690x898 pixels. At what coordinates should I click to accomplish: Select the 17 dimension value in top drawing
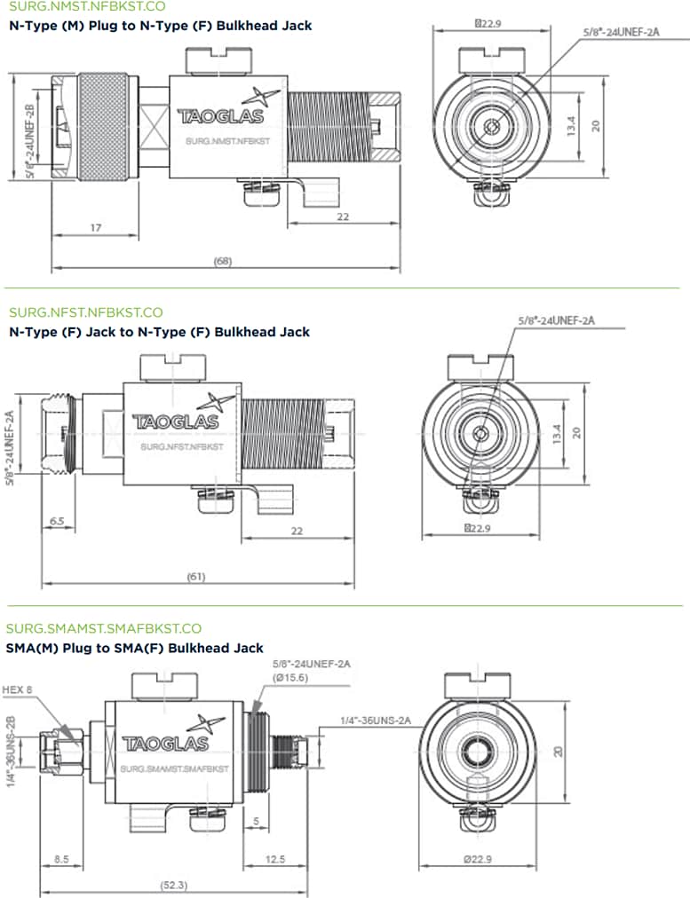coord(95,228)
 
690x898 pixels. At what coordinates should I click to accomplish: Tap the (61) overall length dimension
coord(196,577)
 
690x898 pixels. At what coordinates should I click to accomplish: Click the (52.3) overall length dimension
coord(173,885)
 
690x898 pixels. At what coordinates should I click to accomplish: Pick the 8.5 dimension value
coord(62,859)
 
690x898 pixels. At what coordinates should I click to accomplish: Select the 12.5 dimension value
coord(275,859)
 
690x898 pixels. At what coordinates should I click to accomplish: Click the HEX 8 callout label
coord(19,689)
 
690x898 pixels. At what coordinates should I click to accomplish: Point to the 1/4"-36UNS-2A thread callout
coord(377,721)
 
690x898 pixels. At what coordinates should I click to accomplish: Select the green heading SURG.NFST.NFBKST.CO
coord(86,312)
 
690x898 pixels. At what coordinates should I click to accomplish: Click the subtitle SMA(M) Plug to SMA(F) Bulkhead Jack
coord(134,649)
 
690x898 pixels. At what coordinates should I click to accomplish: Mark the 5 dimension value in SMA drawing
coord(256,821)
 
